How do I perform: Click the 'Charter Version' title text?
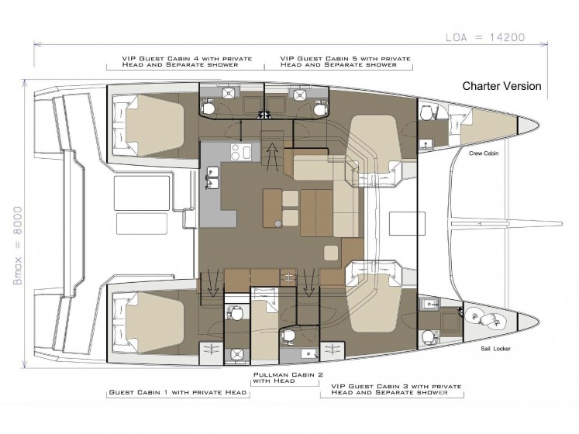coord(501,86)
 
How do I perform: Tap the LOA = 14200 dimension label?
coord(485,37)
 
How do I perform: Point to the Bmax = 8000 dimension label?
coord(18,246)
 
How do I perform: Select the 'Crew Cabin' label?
coord(484,153)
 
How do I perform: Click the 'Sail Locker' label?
coord(495,348)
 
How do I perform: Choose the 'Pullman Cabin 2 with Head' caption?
coord(288,377)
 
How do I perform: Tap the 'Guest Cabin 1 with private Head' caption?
coord(177,392)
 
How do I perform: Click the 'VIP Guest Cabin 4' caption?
coord(187,61)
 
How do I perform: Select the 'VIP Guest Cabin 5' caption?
coord(345,61)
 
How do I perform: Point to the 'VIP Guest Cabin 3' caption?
coord(396,389)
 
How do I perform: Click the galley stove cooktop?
coord(241,152)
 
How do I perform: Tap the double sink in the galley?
coord(212,178)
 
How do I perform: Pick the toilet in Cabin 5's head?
coord(319,108)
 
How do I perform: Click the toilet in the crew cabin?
coord(428,112)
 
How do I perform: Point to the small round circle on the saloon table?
coord(277,222)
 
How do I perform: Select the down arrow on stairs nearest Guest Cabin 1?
coord(212,283)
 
